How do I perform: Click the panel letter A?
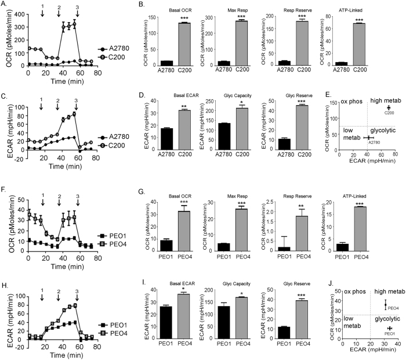point(4,5)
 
